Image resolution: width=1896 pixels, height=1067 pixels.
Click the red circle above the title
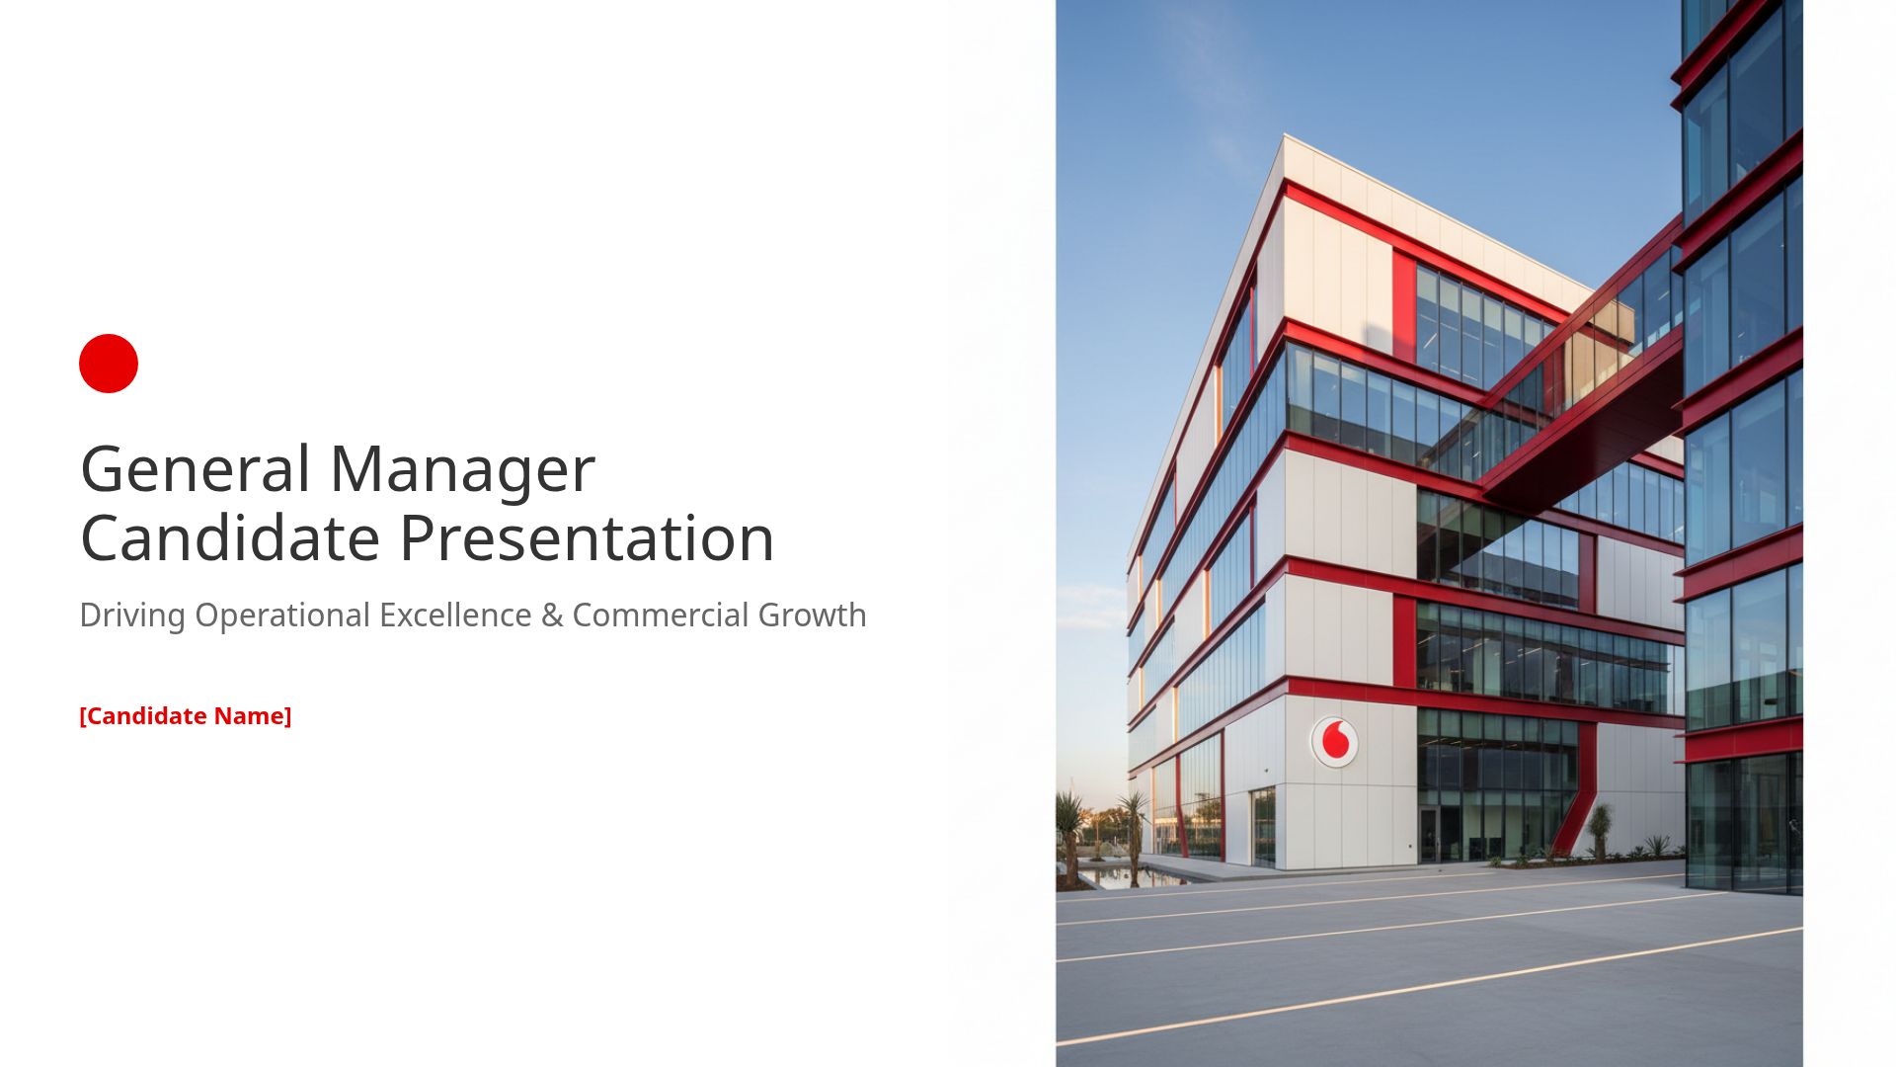pos(109,364)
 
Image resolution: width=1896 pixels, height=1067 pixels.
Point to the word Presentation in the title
pos(587,540)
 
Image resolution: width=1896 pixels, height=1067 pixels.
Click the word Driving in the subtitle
pos(132,616)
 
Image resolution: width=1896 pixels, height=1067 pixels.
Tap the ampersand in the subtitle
pos(552,616)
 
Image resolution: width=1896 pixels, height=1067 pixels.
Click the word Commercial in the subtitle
pos(660,616)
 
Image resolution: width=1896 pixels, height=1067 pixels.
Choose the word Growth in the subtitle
pos(812,616)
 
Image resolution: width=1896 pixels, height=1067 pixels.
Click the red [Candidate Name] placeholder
pos(186,716)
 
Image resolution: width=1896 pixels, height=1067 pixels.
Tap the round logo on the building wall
pos(1334,741)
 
